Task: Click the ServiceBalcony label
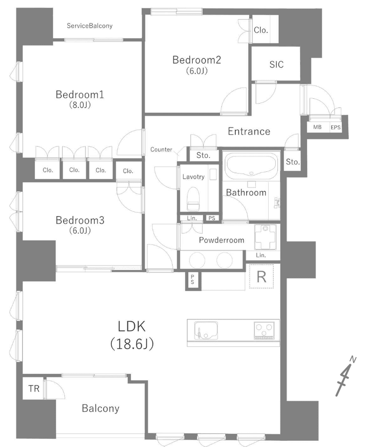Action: coord(90,26)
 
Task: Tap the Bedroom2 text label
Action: coord(196,60)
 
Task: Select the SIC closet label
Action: coord(276,64)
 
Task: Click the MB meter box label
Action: coord(317,127)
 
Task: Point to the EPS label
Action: coord(336,128)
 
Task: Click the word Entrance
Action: coord(249,132)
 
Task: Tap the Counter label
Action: coord(161,149)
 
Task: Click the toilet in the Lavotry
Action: coord(193,198)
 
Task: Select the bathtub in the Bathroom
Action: coord(251,164)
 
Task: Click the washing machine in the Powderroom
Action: coord(265,237)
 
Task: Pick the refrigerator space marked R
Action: coord(262,276)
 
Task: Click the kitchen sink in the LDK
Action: coord(206,330)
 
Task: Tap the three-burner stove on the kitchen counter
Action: coord(264,330)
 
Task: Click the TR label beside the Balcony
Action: coord(34,388)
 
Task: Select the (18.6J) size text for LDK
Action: coord(132,344)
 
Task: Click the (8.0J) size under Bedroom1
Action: coord(80,105)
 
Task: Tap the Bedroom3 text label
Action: coord(80,220)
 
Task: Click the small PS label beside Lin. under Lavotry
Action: coord(211,218)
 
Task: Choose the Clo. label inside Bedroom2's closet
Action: coord(261,30)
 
